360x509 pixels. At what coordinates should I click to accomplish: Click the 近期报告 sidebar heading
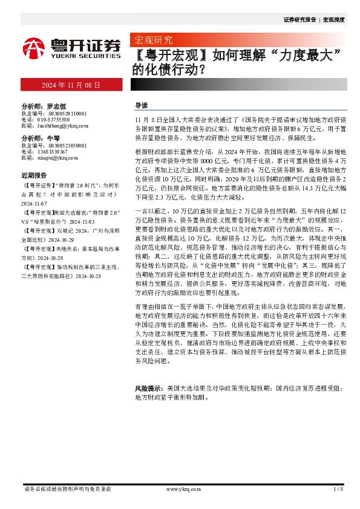tap(35, 175)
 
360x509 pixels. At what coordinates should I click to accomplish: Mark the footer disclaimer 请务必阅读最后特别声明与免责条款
tap(67, 488)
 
